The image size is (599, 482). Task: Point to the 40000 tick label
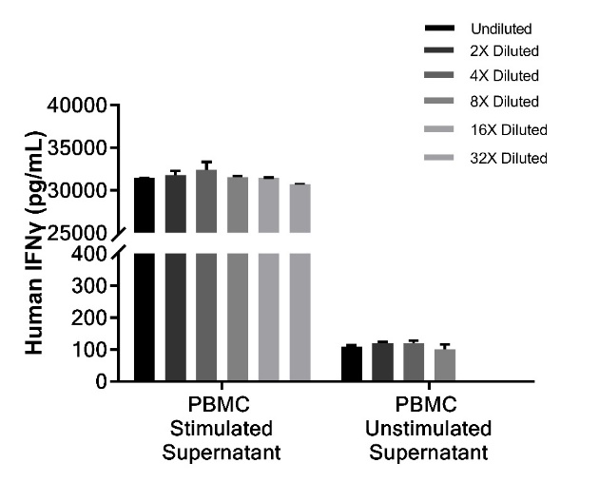tap(81, 106)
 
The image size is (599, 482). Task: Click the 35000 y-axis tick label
tap(81, 148)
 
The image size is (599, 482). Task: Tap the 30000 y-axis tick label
tap(81, 190)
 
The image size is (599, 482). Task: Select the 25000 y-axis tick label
tap(81, 233)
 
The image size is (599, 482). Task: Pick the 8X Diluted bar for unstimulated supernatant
tap(445, 366)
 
